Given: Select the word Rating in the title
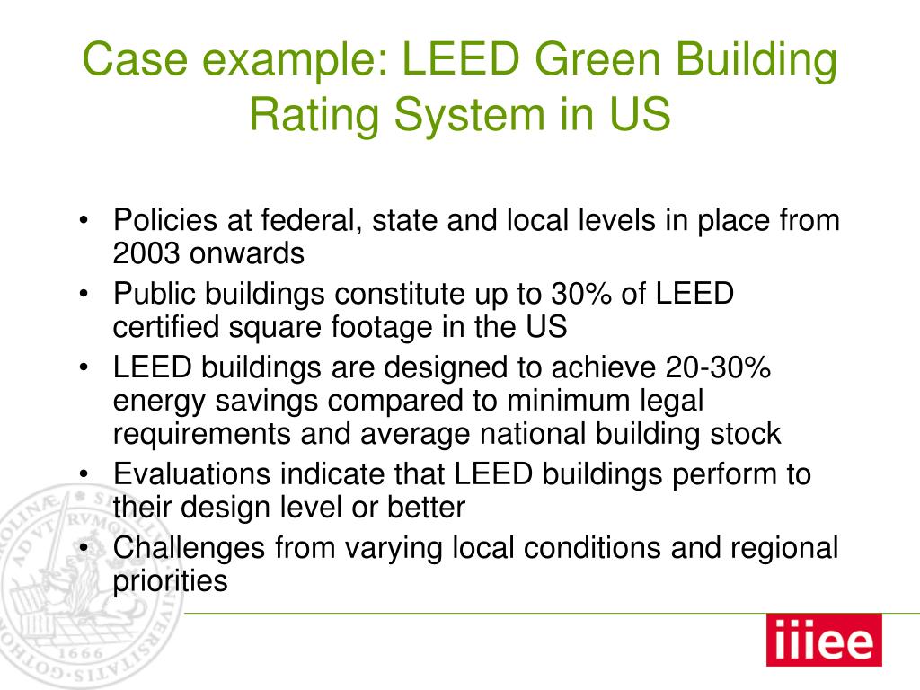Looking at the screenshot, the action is click(x=314, y=115).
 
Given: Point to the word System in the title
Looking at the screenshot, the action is click(x=469, y=115).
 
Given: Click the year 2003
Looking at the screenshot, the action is click(x=146, y=253).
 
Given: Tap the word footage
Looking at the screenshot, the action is click(x=382, y=327).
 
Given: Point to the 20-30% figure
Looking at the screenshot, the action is click(x=718, y=367).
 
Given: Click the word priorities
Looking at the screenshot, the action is click(x=170, y=581).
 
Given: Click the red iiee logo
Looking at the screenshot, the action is click(x=824, y=640).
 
